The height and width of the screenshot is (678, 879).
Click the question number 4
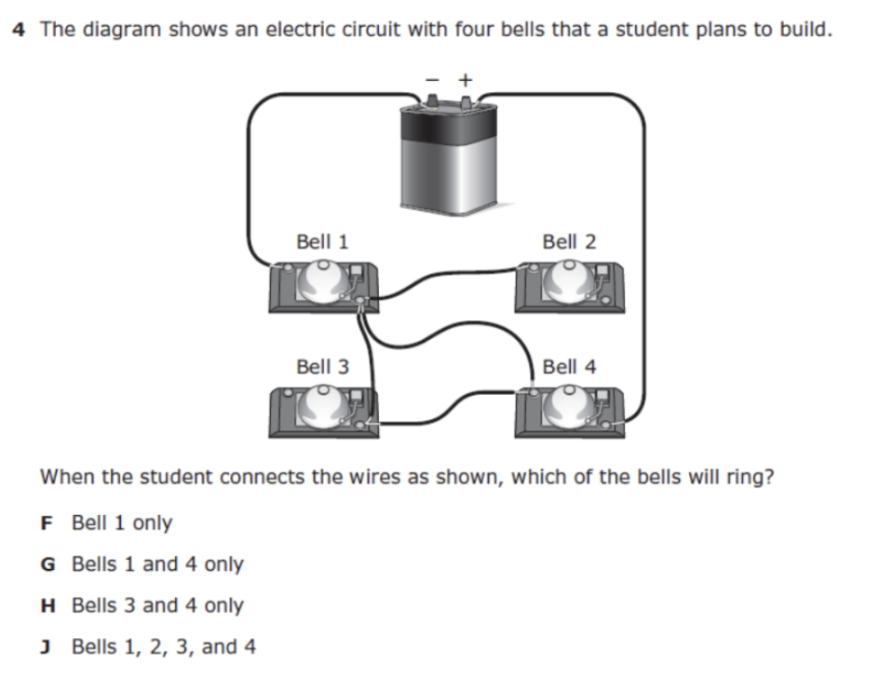pyautogui.click(x=20, y=29)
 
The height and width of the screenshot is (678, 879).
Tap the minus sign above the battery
pyautogui.click(x=431, y=80)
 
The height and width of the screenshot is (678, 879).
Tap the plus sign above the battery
pyautogui.click(x=465, y=80)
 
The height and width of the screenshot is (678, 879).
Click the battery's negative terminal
pyautogui.click(x=432, y=101)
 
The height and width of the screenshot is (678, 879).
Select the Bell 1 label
pyautogui.click(x=322, y=242)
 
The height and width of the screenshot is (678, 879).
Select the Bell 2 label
pyautogui.click(x=569, y=242)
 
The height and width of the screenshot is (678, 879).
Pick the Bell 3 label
pyautogui.click(x=322, y=367)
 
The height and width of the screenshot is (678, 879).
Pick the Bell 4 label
pyautogui.click(x=569, y=367)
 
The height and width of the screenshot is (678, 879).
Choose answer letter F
pyautogui.click(x=47, y=523)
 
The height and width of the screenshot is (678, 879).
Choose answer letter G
pyautogui.click(x=47, y=564)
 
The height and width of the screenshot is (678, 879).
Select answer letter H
pyautogui.click(x=47, y=606)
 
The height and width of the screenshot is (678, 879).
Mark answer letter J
pyautogui.click(x=47, y=647)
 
